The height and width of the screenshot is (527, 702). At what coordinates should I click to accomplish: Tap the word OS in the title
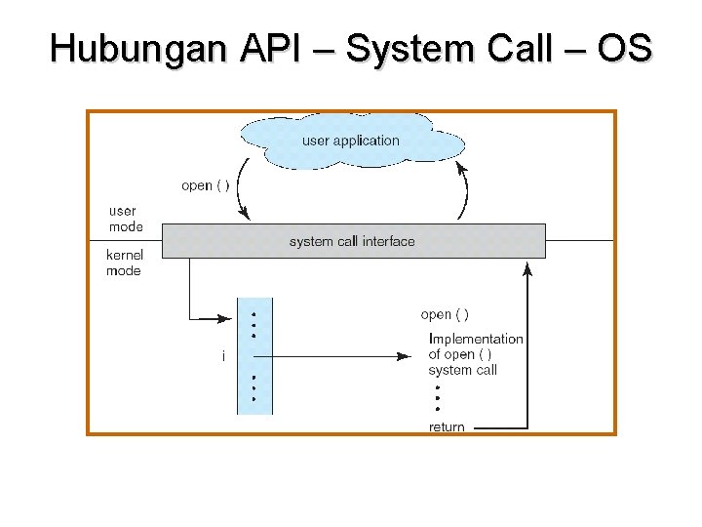point(624,49)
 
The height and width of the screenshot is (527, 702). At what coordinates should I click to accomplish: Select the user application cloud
point(351,141)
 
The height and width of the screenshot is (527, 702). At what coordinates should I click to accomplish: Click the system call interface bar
point(353,241)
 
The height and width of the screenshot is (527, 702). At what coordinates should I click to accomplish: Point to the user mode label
point(125,219)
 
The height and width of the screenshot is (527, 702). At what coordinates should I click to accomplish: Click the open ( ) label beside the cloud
point(206,185)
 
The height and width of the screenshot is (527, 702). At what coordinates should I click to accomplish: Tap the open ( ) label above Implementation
point(445,314)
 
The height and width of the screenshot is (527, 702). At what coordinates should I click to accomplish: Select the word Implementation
point(476,339)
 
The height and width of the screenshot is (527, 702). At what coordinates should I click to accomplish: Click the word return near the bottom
point(447,427)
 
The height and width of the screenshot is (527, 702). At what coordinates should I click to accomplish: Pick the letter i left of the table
point(223,357)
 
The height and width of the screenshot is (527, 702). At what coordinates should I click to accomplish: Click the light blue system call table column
point(252,356)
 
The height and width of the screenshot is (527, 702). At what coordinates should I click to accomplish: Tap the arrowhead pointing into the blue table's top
point(231,317)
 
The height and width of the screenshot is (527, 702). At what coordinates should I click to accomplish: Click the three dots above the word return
point(438,397)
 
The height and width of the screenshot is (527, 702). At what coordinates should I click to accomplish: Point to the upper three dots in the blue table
point(253,324)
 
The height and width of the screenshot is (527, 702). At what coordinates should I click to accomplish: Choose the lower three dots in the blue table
point(253,387)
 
